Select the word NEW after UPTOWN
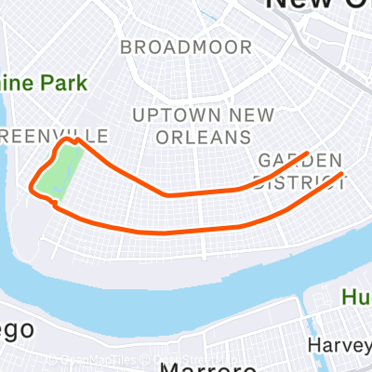tap(245, 114)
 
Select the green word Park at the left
tap(65, 82)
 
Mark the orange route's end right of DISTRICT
tap(344, 174)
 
